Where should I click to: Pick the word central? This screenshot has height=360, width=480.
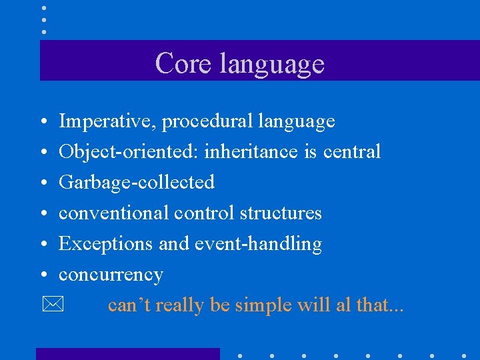352,152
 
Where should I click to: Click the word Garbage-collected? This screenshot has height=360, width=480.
137,183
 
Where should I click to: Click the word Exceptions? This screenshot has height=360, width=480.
105,244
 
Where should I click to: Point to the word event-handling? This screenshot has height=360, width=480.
258,244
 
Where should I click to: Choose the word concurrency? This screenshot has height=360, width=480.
111,275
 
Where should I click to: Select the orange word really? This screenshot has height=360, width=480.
181,305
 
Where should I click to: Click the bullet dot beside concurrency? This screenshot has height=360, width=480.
42,275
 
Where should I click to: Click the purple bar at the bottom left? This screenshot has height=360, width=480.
127,353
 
